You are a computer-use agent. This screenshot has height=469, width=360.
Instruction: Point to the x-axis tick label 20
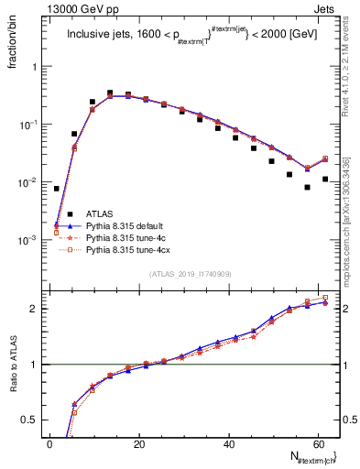coord(139,444)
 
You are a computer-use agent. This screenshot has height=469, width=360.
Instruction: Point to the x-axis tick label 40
coord(229,444)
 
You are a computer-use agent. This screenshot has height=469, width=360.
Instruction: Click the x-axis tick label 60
coord(318,444)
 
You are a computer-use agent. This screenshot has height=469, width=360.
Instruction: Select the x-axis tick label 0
coord(50,444)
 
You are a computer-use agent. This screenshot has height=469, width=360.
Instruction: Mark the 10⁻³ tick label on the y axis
coord(28,240)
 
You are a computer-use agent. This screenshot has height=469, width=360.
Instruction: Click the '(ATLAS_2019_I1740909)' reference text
coord(190,275)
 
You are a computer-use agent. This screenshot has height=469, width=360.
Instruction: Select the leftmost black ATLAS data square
coord(57,189)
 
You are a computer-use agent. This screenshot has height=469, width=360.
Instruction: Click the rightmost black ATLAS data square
coord(325,180)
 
